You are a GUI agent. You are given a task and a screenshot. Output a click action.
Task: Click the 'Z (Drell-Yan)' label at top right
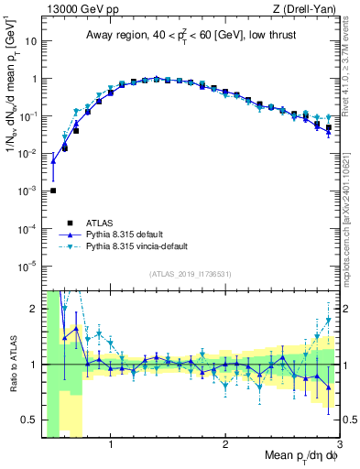tap(307, 8)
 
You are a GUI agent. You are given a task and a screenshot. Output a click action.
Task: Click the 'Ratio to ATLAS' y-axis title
tap(12, 364)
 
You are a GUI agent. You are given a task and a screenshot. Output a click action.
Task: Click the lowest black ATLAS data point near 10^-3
tap(53, 191)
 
